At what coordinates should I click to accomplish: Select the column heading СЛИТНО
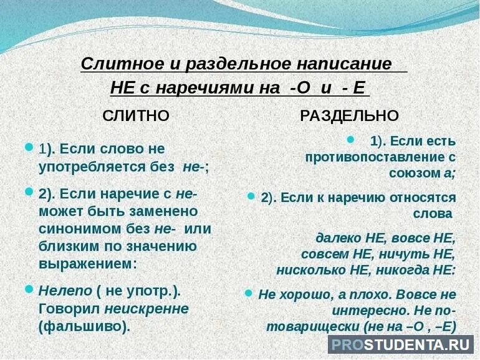pos(136,115)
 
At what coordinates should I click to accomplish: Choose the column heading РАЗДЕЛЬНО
pos(349,115)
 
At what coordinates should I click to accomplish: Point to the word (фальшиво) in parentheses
pos(85,326)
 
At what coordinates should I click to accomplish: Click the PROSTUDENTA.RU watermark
pos(401,344)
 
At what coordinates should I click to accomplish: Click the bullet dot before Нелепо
pos(28,289)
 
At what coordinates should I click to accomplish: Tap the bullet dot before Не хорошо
pos(248,292)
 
